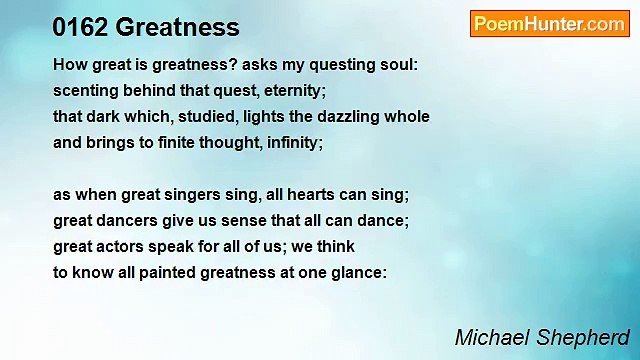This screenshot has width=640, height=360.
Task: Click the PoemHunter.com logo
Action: tap(549, 24)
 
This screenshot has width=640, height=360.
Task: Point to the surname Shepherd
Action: tap(585, 335)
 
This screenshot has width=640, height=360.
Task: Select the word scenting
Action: tap(86, 91)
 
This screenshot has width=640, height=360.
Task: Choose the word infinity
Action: tap(290, 143)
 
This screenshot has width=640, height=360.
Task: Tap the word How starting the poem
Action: tap(69, 65)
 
